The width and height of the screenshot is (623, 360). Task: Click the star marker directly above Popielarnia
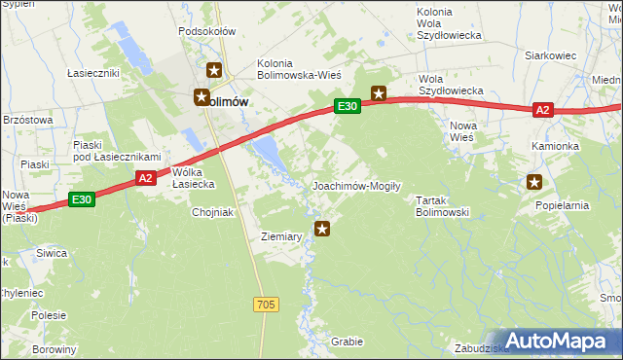tap(534, 181)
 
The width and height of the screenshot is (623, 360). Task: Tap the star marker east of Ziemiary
tap(323, 229)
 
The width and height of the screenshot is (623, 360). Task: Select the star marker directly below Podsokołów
tap(215, 71)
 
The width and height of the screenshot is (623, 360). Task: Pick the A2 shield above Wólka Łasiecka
tap(145, 178)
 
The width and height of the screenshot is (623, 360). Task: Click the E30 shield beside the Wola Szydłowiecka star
tap(348, 106)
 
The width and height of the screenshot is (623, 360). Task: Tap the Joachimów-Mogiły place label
tap(356, 185)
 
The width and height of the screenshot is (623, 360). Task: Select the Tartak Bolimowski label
tap(443, 205)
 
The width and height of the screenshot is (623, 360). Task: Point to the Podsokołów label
tap(207, 31)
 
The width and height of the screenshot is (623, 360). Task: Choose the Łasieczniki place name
tap(93, 73)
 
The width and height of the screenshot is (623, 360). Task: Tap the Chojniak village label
tap(214, 212)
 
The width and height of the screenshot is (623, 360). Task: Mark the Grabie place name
tap(347, 342)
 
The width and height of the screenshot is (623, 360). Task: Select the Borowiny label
tap(54, 348)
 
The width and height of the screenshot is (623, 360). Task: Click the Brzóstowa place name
tap(27, 119)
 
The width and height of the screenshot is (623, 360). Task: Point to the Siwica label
tap(52, 253)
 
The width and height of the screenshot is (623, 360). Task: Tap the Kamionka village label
tap(555, 146)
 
